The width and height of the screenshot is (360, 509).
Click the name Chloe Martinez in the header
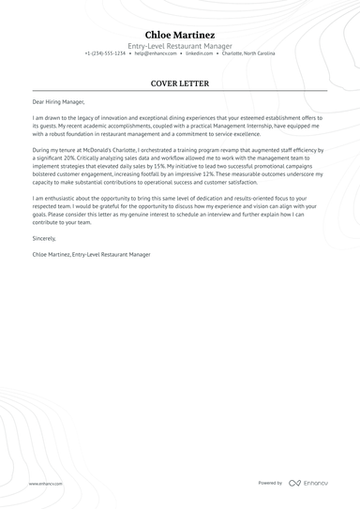[180, 35]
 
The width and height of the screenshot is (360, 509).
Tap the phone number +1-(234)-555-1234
[105, 54]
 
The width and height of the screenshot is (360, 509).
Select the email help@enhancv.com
[155, 54]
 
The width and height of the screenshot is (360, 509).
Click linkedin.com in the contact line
[200, 54]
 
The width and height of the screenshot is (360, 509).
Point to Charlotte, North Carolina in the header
[249, 54]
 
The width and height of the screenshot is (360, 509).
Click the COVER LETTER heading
[180, 82]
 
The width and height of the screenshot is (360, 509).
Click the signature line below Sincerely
[91, 254]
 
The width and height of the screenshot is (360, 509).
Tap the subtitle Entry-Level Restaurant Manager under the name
[180, 46]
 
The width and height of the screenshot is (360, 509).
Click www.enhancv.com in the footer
[45, 483]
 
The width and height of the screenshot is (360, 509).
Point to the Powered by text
[270, 483]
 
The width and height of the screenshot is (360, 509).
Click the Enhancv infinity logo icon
[294, 483]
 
